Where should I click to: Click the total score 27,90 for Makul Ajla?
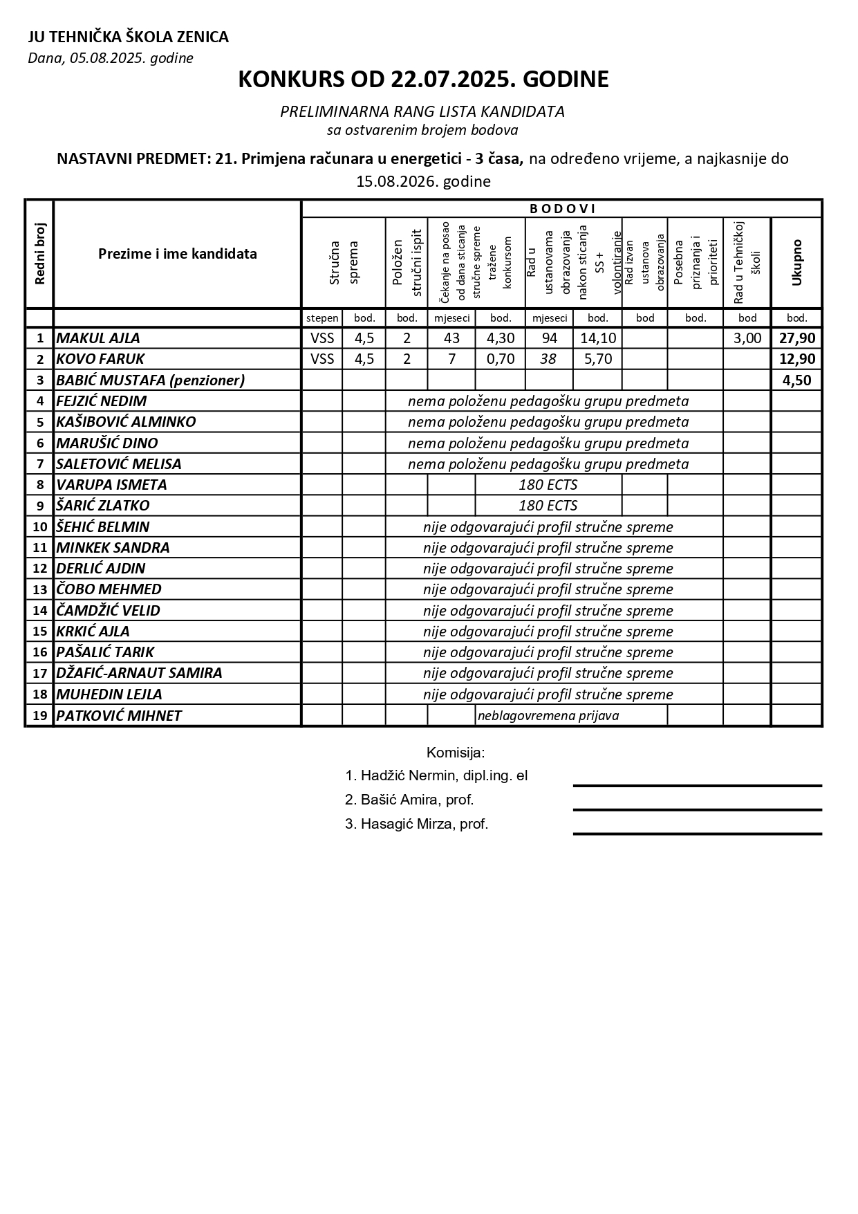point(796,338)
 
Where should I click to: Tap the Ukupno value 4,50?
point(796,380)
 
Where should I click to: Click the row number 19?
point(39,716)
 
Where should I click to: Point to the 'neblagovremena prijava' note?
point(548,716)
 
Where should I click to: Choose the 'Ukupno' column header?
point(796,262)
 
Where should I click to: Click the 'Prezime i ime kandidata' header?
point(177,254)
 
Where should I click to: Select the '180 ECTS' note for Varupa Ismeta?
point(548,485)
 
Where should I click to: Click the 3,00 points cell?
point(747,338)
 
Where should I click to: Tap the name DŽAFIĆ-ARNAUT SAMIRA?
point(139,673)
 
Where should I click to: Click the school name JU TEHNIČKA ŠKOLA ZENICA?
point(128,37)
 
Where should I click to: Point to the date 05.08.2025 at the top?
point(110,58)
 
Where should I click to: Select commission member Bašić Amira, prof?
point(409,800)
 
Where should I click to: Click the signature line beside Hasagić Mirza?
point(697,834)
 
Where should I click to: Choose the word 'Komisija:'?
point(456,753)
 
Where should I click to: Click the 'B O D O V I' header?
point(562,209)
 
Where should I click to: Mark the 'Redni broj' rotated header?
point(39,254)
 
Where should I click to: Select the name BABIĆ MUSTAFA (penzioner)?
point(150,380)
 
